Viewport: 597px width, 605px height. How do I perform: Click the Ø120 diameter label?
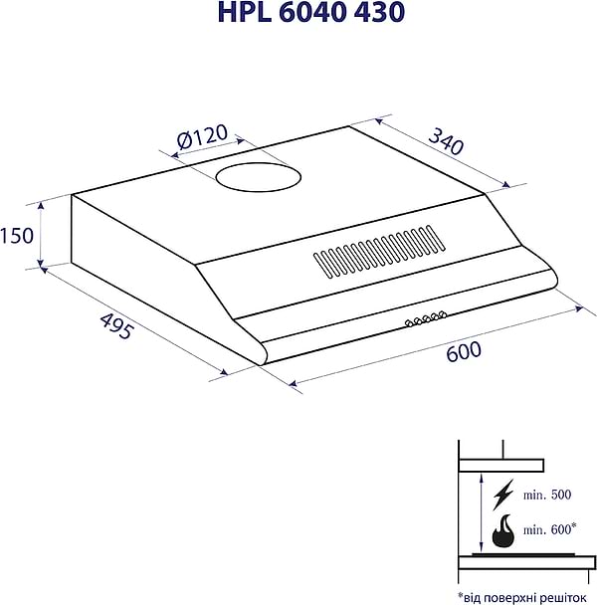[x=202, y=137]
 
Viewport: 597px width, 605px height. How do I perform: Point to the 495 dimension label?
[x=116, y=326]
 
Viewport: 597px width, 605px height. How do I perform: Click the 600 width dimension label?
[x=464, y=351]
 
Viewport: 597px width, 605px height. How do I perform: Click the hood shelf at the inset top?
[x=500, y=464]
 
